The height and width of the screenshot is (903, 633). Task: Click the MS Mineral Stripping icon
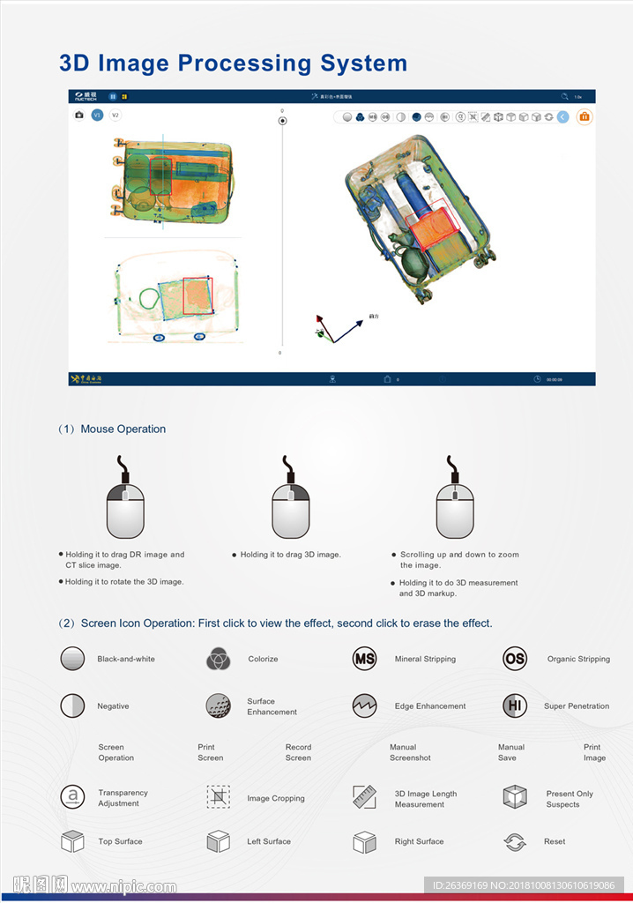pyautogui.click(x=364, y=659)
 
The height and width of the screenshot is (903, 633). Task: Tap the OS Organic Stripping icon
pyautogui.click(x=515, y=659)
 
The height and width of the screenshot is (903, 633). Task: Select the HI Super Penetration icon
pyautogui.click(x=515, y=705)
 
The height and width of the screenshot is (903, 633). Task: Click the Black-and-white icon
pyautogui.click(x=73, y=659)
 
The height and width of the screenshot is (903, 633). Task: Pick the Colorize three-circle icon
pyautogui.click(x=219, y=659)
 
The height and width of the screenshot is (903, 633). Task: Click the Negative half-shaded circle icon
pyautogui.click(x=73, y=705)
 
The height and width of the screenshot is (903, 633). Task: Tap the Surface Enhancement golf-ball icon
pyautogui.click(x=219, y=705)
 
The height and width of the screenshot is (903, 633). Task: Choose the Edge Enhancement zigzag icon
pyautogui.click(x=364, y=705)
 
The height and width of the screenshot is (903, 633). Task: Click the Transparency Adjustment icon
pyautogui.click(x=72, y=797)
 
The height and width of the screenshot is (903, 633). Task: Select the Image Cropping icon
pyautogui.click(x=219, y=797)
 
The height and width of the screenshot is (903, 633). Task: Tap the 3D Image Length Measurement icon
pyautogui.click(x=364, y=797)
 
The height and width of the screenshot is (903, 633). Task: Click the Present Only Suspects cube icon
pyautogui.click(x=515, y=797)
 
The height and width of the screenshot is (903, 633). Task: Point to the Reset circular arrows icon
pyautogui.click(x=515, y=842)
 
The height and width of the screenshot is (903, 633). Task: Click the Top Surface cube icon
pyautogui.click(x=72, y=841)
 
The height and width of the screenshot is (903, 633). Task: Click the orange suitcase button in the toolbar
pyautogui.click(x=584, y=116)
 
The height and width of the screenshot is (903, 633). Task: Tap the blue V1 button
pyautogui.click(x=97, y=115)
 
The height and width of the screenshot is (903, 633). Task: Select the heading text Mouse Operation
pyautogui.click(x=123, y=429)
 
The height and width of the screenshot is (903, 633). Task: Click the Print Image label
pyautogui.click(x=594, y=752)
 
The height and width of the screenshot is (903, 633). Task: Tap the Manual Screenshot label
pyautogui.click(x=410, y=752)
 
